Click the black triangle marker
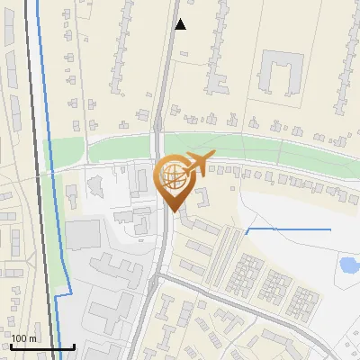tap(180, 24)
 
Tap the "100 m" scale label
tap(24, 338)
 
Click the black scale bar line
tap(42, 346)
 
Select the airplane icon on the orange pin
tap(196, 163)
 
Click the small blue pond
tap(347, 265)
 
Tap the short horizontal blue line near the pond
tap(288, 229)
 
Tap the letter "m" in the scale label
tap(33, 338)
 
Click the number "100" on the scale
tap(20, 338)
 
